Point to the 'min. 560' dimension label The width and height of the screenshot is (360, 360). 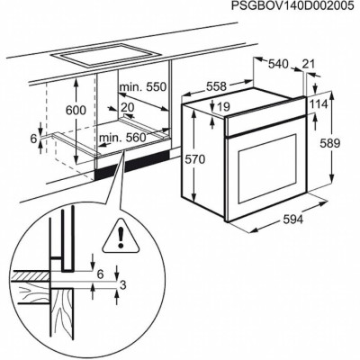[123, 137]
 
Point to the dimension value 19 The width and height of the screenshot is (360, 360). [223, 107]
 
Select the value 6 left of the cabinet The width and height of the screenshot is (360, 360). [33, 139]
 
